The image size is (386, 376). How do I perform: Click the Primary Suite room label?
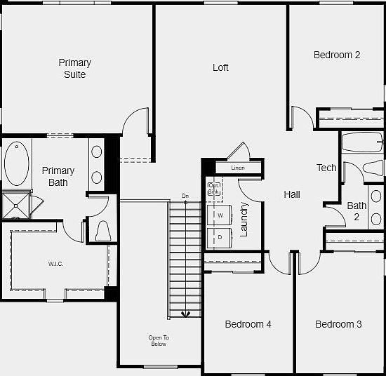(74, 68)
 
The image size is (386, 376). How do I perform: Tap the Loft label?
(220, 67)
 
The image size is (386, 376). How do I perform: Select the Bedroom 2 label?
(337, 55)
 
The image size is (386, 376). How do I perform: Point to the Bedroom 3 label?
(338, 324)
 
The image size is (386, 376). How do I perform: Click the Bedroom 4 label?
(248, 324)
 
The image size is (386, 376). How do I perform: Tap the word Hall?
(292, 194)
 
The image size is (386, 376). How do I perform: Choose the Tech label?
(326, 168)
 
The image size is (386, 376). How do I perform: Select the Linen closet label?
(238, 168)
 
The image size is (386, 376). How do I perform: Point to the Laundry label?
(244, 219)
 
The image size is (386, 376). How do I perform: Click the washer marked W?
(220, 215)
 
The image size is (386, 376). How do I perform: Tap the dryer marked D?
(220, 237)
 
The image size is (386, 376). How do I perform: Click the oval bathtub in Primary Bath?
(16, 163)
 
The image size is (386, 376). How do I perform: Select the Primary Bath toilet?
(102, 231)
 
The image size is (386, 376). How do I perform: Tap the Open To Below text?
(159, 341)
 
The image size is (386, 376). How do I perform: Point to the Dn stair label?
(185, 196)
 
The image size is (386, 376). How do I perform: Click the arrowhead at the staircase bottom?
(185, 314)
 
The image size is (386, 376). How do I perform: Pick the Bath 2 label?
(357, 211)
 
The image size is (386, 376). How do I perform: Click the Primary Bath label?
(58, 176)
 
